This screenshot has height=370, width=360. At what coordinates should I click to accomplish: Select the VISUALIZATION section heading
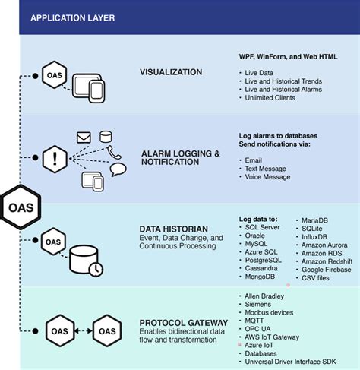pos(170,73)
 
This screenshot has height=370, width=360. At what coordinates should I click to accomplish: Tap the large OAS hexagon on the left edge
pos(19,206)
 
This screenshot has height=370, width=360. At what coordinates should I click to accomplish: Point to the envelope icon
pos(84,138)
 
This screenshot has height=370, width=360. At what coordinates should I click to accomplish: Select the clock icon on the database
pos(95,268)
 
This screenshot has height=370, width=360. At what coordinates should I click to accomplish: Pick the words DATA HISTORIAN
pos(173,227)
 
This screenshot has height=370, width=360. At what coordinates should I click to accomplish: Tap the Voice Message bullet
pos(267,177)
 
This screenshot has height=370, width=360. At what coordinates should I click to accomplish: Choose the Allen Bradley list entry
pos(264,295)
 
